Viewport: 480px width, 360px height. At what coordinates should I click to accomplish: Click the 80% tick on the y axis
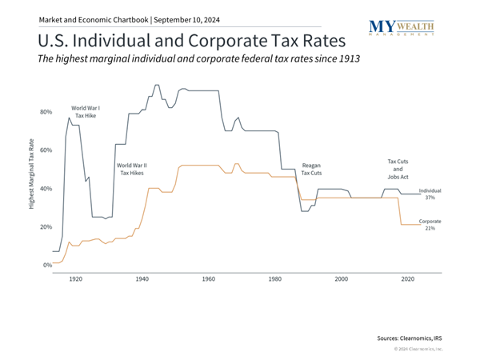(46, 112)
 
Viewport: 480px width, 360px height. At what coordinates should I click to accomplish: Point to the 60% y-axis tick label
(46, 150)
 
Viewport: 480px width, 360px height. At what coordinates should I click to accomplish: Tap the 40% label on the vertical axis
(46, 189)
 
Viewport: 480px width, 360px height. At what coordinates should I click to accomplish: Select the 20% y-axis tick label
(46, 227)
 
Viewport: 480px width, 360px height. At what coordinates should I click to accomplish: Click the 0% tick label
(47, 265)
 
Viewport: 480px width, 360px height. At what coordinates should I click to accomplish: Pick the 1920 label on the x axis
(75, 280)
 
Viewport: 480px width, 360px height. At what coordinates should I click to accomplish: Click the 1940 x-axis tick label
(142, 280)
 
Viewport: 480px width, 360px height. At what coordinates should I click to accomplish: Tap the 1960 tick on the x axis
(208, 280)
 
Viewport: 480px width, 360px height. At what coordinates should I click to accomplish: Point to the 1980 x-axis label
(274, 280)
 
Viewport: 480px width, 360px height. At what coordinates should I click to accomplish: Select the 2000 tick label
(342, 280)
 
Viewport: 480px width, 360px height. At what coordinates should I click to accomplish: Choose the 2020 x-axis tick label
(408, 280)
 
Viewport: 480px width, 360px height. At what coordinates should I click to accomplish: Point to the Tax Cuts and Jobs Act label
(398, 169)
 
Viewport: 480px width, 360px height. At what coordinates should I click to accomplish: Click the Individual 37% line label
(430, 194)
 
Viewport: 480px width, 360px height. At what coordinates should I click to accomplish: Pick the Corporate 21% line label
(430, 225)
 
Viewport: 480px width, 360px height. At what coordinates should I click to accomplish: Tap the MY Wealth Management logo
(402, 29)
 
